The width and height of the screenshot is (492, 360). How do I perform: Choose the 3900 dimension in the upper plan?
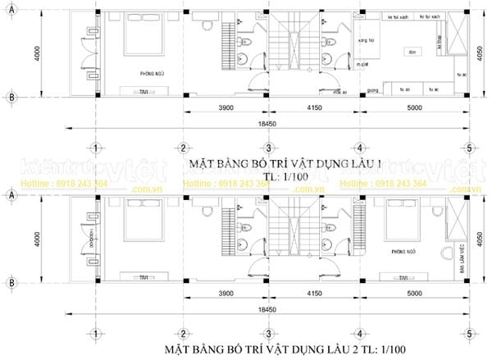227,107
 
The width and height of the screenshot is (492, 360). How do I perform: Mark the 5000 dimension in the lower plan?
415,290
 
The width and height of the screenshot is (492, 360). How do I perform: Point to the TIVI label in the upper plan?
144,92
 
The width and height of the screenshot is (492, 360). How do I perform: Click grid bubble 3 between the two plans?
268,148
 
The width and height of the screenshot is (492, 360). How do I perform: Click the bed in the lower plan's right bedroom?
396,216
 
